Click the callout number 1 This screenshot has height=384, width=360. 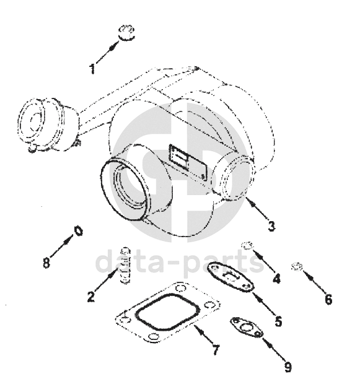pos(92,69)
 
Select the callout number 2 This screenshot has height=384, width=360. pos(91,297)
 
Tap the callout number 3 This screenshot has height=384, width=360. pos(271,226)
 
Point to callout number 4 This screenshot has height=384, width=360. pos(276,279)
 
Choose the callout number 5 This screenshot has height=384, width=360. pos(278,321)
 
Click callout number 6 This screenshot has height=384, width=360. pos(328,299)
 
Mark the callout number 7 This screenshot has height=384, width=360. pos(216,350)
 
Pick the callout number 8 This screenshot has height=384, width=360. pos(46,263)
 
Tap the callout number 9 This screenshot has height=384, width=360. pos(288,367)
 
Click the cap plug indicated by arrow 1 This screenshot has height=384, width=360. pos(126,33)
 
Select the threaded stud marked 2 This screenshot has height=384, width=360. pos(125,266)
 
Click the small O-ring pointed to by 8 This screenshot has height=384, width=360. pos(79,231)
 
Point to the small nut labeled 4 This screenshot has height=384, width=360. pos(247,245)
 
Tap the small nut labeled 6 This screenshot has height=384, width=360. pos(297,266)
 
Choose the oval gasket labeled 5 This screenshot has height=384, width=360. pos(230,277)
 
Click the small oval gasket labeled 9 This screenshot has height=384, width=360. pos(246,328)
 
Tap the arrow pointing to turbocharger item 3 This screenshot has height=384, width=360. pos(257,209)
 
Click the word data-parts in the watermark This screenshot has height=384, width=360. pos(180,262)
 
